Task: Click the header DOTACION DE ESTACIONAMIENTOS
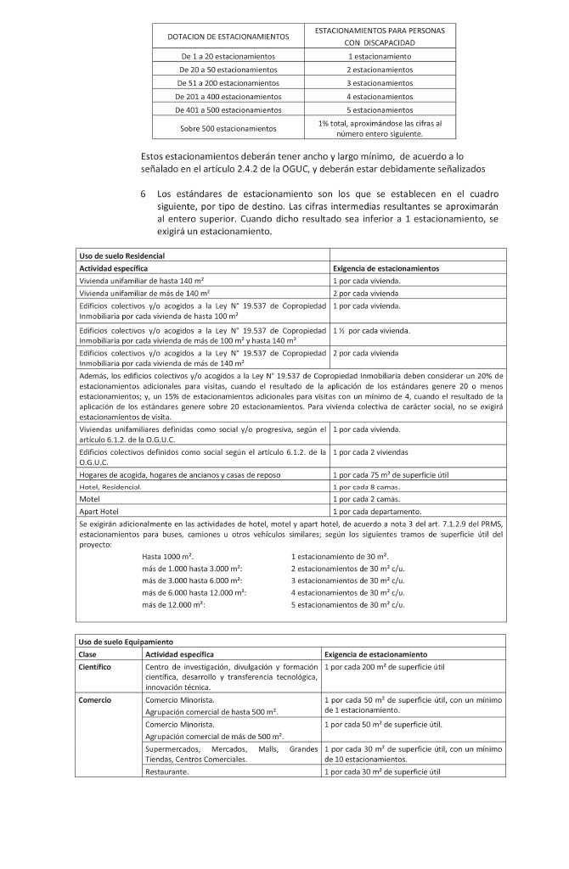point(228,36)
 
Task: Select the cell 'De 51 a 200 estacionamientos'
point(228,83)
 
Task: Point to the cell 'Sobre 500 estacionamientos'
point(228,129)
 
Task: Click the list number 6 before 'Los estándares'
point(144,194)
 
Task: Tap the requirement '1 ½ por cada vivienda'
point(371,330)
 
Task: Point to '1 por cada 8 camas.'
point(367,488)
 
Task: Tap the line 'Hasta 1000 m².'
point(167,554)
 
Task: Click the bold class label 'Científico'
point(95,667)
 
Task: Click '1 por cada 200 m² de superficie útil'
point(385,667)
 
